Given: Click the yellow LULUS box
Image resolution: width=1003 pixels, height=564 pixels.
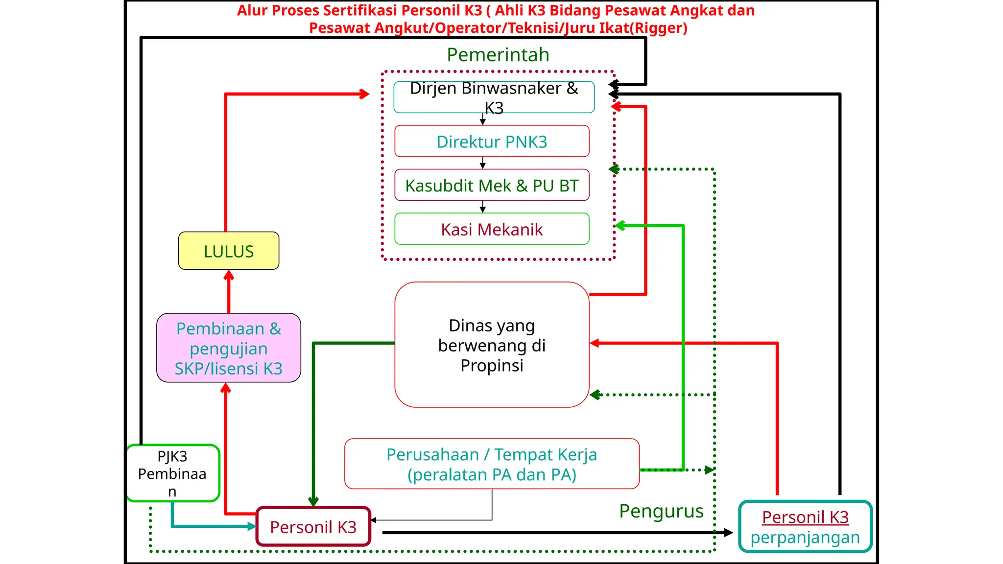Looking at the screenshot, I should click(229, 251).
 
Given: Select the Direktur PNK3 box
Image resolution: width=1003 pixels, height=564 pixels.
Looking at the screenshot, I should click(492, 141).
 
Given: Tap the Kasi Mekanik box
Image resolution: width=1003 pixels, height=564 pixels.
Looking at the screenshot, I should click(492, 229).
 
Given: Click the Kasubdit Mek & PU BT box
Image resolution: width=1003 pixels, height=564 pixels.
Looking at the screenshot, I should click(492, 186).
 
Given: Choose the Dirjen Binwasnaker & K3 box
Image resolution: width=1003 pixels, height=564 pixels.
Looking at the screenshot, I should click(494, 97).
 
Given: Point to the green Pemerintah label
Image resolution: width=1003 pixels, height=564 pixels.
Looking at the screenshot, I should click(498, 55).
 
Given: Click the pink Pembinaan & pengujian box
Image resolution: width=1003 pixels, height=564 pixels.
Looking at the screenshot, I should click(229, 348).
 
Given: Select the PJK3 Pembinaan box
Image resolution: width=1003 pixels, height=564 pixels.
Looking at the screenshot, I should click(172, 473).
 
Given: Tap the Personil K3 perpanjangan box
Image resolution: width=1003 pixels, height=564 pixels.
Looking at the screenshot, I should click(805, 527).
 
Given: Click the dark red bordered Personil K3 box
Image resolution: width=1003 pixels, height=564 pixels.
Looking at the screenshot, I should click(313, 527).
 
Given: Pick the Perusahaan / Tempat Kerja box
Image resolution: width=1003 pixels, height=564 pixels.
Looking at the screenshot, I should click(492, 464).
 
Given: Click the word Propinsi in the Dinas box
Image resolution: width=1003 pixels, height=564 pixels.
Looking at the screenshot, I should click(492, 365).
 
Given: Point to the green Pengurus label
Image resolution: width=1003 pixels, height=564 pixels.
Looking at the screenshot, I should click(661, 511).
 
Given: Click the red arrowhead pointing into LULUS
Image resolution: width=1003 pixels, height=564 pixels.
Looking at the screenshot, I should click(229, 276).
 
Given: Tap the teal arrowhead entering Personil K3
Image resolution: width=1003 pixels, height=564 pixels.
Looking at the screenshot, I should click(252, 526).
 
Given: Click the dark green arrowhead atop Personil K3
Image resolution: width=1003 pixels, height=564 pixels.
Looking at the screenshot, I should click(313, 501).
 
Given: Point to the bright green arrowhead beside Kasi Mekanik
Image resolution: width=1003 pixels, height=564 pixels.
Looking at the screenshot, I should click(620, 226).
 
